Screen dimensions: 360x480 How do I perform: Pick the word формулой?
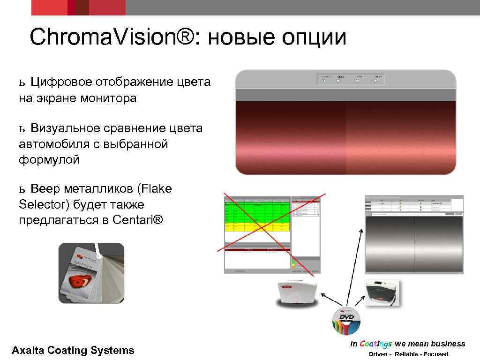click(x=49, y=159)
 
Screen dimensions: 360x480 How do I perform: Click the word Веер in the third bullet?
click(x=46, y=189)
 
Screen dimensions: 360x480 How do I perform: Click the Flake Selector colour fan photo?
click(x=91, y=273)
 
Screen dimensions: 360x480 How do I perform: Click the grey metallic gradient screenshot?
click(x=414, y=244)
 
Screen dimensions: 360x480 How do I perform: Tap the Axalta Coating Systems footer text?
click(x=73, y=350)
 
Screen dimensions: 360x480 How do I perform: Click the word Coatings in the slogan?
click(x=376, y=344)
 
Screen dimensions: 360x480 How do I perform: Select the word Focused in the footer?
click(x=435, y=354)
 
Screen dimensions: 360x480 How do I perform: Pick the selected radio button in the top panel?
click(x=323, y=81)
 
